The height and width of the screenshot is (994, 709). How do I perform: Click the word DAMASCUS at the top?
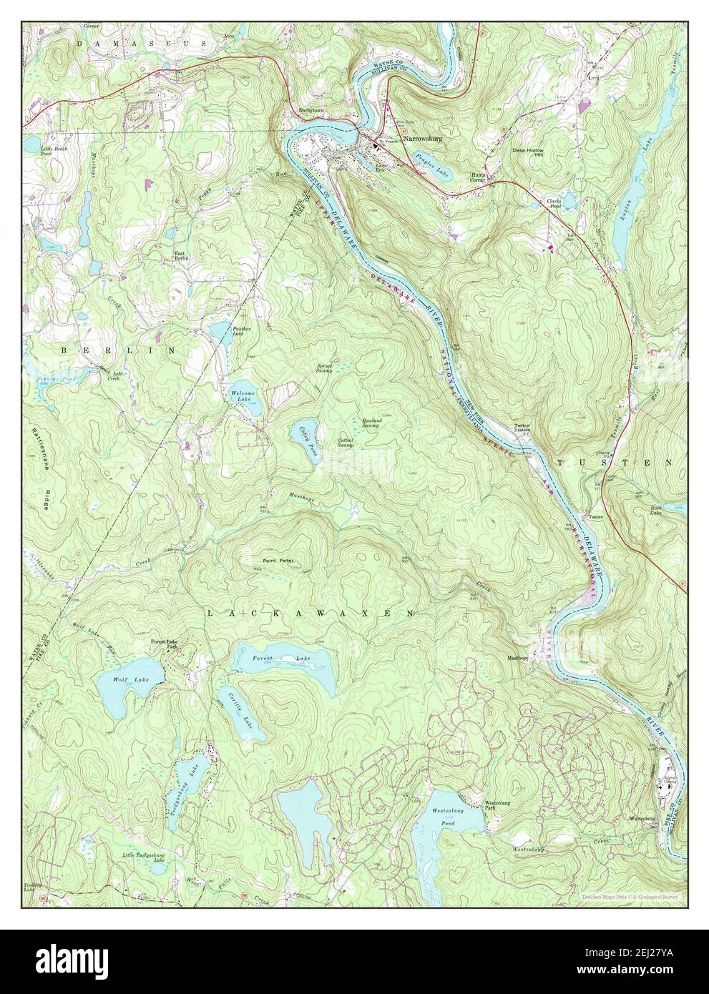pos(136,44)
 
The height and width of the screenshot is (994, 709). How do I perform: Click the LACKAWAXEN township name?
pos(311,614)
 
